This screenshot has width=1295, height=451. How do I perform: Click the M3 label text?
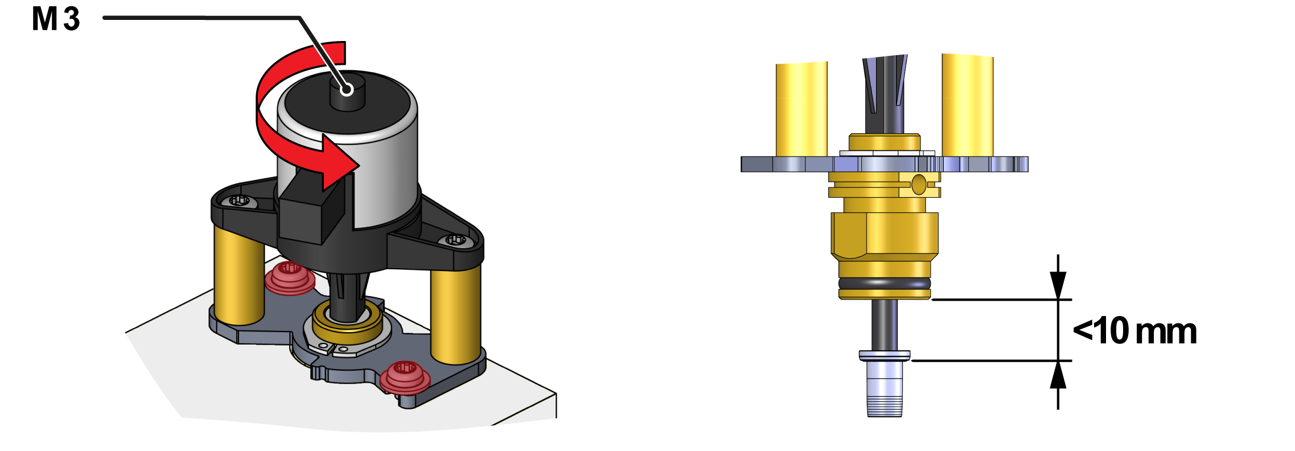point(56,19)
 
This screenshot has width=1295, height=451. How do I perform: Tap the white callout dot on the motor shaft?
point(347,89)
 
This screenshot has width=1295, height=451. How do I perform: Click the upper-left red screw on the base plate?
point(289,277)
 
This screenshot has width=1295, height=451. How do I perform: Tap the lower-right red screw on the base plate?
point(405,376)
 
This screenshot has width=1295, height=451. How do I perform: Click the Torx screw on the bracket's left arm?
point(240,200)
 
